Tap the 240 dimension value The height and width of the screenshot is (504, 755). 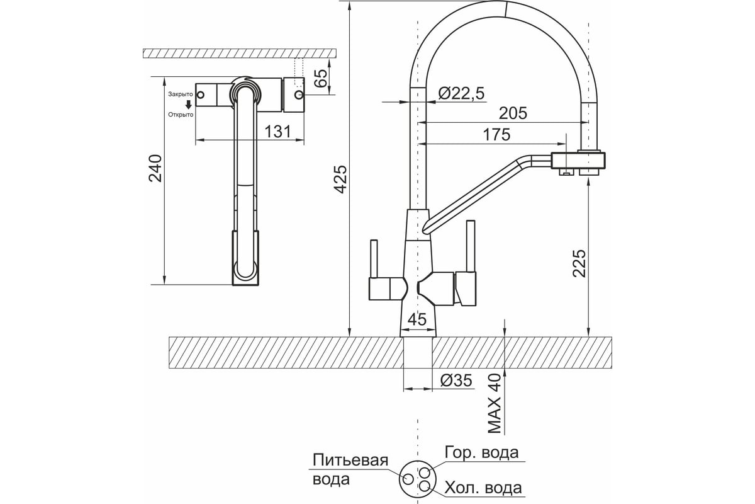pos(155,168)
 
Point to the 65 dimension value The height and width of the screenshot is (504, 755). pos(322,78)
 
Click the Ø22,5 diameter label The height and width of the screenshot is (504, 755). pos(461,93)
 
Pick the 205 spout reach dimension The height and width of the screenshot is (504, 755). pos(513,113)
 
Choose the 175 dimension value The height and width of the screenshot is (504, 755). pos(497,134)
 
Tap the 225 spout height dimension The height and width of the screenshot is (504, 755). pos(579,263)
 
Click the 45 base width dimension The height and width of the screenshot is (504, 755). pos(417,319)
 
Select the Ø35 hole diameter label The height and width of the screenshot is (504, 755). pos(456,381)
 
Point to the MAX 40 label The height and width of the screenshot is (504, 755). pos(495,404)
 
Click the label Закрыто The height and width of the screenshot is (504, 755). pos(181,94)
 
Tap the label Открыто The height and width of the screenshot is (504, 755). pos(181,115)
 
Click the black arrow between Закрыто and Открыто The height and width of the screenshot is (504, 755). pos(188,105)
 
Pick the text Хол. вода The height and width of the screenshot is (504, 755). pos(483,488)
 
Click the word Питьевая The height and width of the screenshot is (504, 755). pos(350,460)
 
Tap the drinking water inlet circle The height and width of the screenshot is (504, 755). pos(408,479)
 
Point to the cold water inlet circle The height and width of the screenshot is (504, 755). pos(425,486)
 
